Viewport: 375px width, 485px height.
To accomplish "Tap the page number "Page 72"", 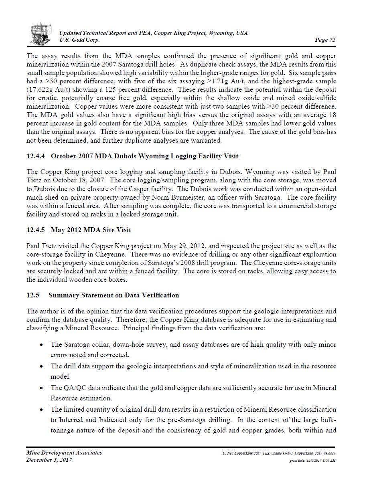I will (325, 40).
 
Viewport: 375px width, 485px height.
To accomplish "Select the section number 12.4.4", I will (36, 156).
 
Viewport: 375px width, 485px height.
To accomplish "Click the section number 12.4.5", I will (36, 230).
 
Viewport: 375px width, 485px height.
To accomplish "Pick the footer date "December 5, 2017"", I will (49, 460).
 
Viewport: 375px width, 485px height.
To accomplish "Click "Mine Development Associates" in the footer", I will (64, 453).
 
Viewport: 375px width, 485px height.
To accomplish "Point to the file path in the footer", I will (279, 453).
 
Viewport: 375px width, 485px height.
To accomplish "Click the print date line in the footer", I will (312, 461).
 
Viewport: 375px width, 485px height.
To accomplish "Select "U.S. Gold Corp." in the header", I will (79, 40).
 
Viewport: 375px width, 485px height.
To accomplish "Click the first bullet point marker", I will (41, 345).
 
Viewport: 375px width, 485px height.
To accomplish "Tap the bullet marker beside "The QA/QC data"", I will (41, 388).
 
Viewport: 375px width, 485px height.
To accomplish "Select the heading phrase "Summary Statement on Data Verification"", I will (114, 295).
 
